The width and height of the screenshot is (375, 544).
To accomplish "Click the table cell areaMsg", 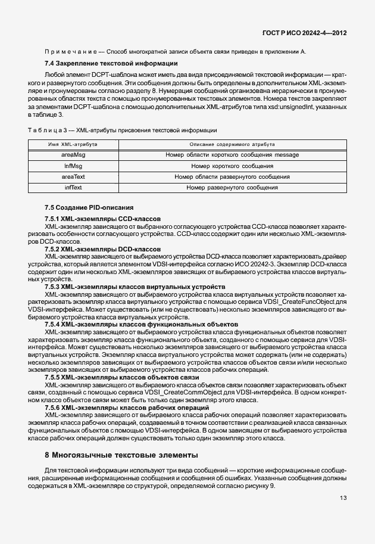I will click(x=73, y=155).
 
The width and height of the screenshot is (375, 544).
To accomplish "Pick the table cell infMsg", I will click(x=73, y=166).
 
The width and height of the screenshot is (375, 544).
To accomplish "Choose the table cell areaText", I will click(x=73, y=177).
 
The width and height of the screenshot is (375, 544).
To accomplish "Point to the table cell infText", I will click(x=73, y=188).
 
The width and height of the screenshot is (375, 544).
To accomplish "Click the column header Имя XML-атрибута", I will click(x=73, y=145).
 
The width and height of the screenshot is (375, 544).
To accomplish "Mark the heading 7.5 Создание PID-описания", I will click(x=89, y=207).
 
